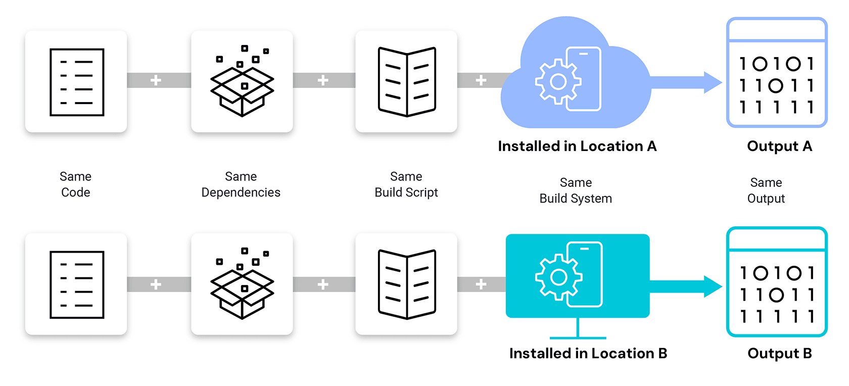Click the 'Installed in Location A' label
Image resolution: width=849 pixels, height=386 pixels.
[x=577, y=147]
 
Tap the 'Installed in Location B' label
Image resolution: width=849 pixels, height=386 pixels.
[x=588, y=354]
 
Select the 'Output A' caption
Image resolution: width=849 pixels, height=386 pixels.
[x=779, y=147]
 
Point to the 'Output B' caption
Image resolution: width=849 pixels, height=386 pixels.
[x=779, y=354]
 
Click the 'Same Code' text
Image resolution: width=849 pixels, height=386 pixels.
[x=76, y=184]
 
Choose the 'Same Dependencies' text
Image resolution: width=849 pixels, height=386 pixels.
[x=241, y=184]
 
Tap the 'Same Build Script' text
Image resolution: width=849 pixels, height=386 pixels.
[x=406, y=184]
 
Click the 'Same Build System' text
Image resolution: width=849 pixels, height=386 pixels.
[x=576, y=190]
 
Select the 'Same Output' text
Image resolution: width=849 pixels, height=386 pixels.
[x=766, y=190]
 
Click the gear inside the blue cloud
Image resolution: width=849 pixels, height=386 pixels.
[x=558, y=81]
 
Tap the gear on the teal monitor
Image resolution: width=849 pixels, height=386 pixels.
[x=558, y=277]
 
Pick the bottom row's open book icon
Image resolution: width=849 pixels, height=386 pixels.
[x=407, y=284]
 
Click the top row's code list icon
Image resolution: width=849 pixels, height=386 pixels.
[x=77, y=82]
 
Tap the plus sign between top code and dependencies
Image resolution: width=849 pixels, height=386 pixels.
[x=156, y=80]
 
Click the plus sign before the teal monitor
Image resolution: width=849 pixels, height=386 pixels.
[x=481, y=284]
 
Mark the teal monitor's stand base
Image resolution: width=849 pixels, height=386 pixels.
[x=578, y=337]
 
